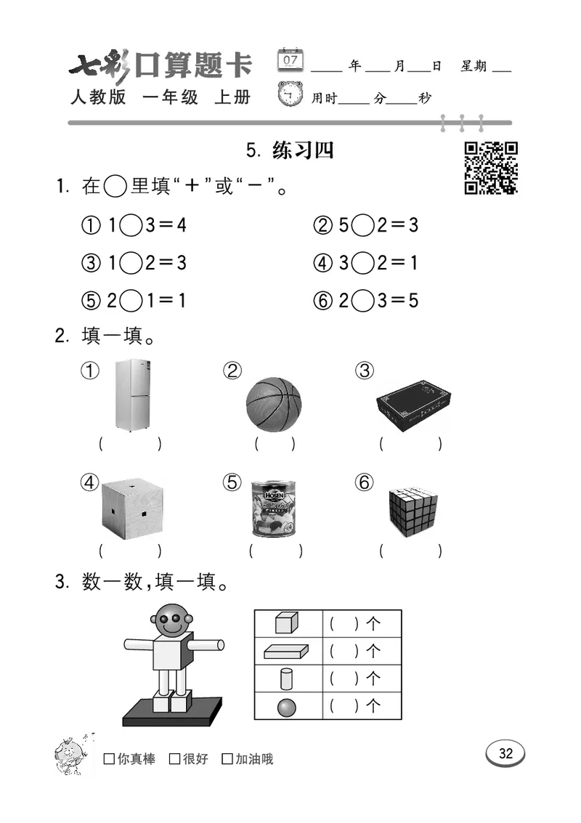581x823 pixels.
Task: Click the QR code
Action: [x=491, y=168]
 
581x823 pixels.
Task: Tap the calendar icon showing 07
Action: [x=290, y=60]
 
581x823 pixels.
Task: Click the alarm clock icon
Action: [x=290, y=95]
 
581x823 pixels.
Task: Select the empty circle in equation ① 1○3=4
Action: [x=130, y=225]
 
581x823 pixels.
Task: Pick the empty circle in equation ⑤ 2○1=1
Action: [x=130, y=300]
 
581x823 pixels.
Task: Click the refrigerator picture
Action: [x=132, y=394]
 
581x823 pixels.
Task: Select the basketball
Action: [x=273, y=405]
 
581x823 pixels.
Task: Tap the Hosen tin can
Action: [x=273, y=508]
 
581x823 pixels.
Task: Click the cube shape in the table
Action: [x=288, y=623]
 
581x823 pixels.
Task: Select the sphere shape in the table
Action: [x=288, y=706]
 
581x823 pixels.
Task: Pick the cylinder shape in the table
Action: [x=288, y=678]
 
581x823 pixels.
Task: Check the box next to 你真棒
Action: [x=109, y=759]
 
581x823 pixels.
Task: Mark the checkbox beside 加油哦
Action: [x=227, y=759]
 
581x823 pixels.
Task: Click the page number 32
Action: [x=505, y=753]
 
